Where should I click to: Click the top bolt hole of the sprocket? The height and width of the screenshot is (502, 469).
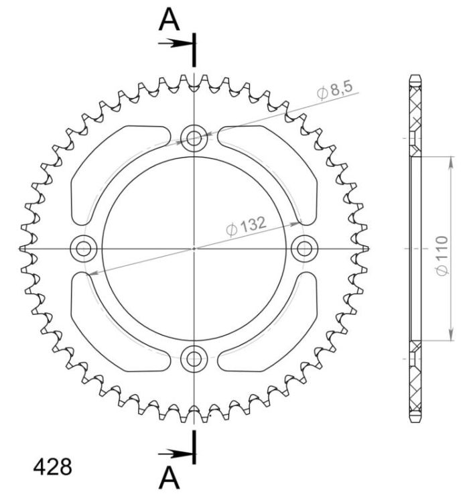point(194,138)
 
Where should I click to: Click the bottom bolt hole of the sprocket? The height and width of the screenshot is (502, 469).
point(194,358)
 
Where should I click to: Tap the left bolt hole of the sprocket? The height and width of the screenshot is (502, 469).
point(84,249)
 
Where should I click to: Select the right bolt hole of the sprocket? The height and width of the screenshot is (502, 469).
point(304,249)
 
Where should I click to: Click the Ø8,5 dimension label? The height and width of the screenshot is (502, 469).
point(334,90)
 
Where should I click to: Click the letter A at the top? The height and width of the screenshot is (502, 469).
point(170,21)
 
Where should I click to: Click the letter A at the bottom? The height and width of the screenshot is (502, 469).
point(170,477)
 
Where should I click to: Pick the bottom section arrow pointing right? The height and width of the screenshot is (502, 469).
point(176,453)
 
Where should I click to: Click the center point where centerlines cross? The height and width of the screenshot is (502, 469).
point(194,249)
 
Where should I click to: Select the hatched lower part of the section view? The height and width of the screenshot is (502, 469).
point(415,382)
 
